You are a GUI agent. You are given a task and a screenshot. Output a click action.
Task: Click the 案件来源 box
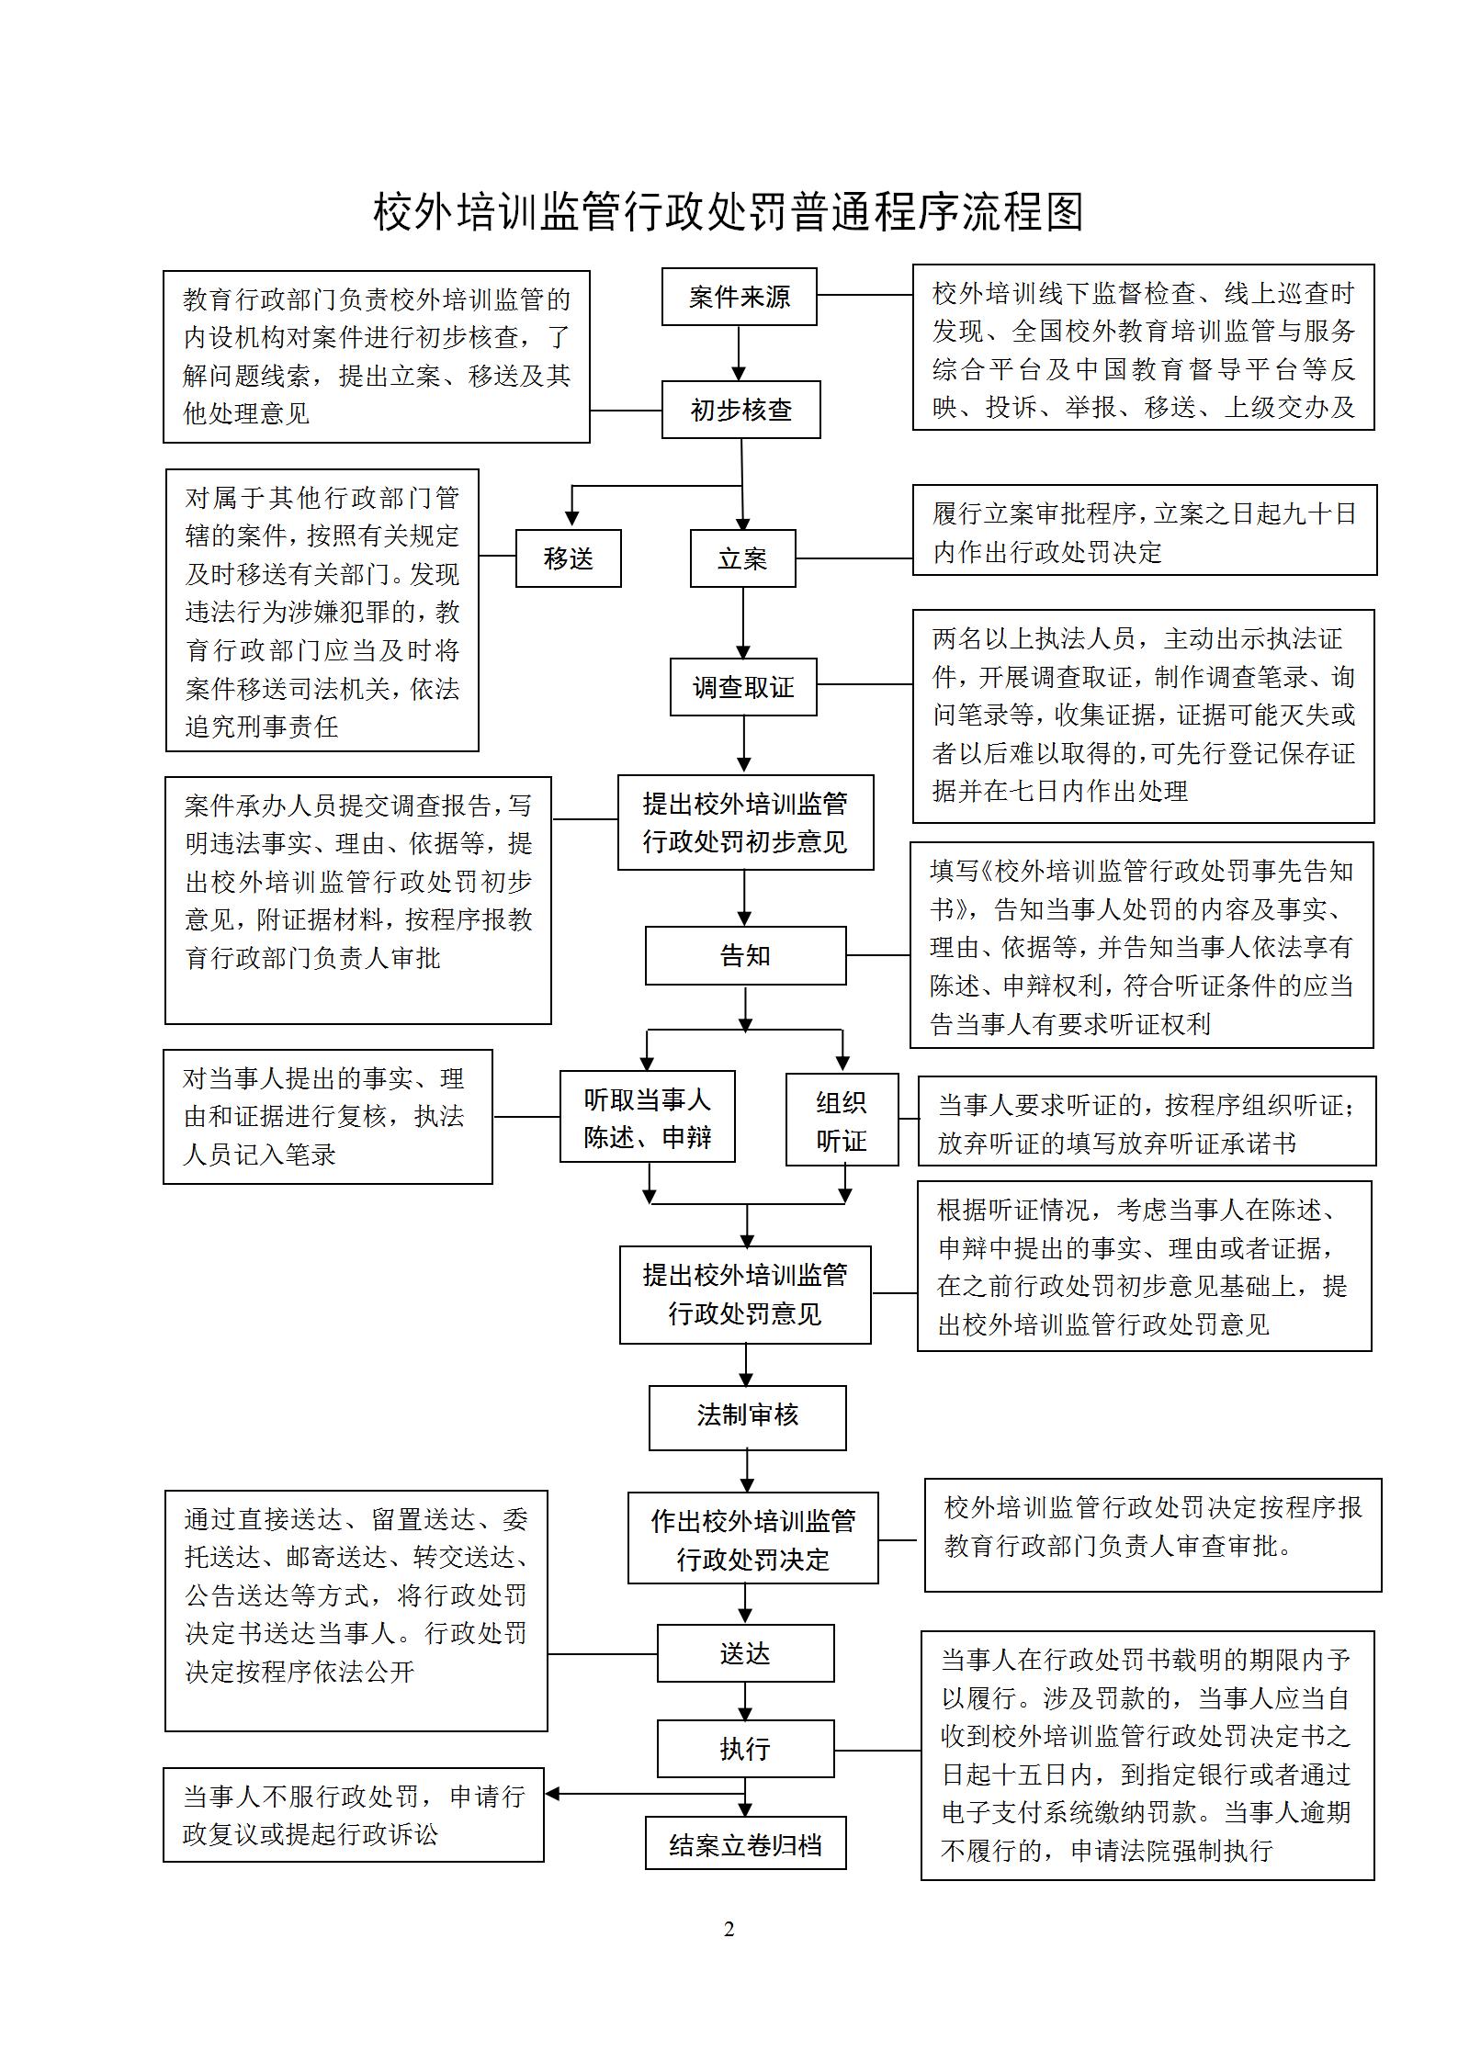tap(739, 297)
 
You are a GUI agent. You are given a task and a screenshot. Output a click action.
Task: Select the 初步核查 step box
tap(740, 410)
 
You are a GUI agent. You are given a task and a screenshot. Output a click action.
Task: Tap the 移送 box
tap(568, 558)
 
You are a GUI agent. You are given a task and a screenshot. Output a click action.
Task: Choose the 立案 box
tap(742, 558)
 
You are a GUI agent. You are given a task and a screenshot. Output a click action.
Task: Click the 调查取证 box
tap(742, 687)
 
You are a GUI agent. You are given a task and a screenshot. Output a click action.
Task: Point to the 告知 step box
tap(745, 956)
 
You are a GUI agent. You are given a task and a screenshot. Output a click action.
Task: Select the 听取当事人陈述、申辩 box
tap(647, 1117)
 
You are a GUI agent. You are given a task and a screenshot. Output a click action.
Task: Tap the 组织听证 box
tap(842, 1121)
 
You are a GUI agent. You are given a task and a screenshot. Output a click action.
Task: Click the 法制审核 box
tap(747, 1415)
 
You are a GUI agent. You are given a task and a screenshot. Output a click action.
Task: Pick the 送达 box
tap(745, 1653)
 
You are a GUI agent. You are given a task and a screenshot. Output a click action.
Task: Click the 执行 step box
tap(745, 1749)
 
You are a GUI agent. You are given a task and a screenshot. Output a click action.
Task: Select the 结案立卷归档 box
tap(745, 1843)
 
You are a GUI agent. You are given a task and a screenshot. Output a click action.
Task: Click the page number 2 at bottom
tap(729, 1929)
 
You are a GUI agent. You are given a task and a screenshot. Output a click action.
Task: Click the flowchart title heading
tap(729, 212)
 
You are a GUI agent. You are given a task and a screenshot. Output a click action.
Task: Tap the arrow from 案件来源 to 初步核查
tap(739, 354)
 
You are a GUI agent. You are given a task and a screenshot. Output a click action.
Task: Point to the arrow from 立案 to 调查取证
tap(743, 623)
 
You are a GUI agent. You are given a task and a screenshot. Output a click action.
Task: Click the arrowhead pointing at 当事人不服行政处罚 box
tap(552, 1793)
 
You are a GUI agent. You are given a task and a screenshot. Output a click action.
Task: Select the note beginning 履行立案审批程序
tap(1144, 531)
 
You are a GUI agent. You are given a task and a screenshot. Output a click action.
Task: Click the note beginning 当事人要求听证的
tap(1147, 1121)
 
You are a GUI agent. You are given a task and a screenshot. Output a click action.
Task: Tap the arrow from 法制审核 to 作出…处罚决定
tap(747, 1471)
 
